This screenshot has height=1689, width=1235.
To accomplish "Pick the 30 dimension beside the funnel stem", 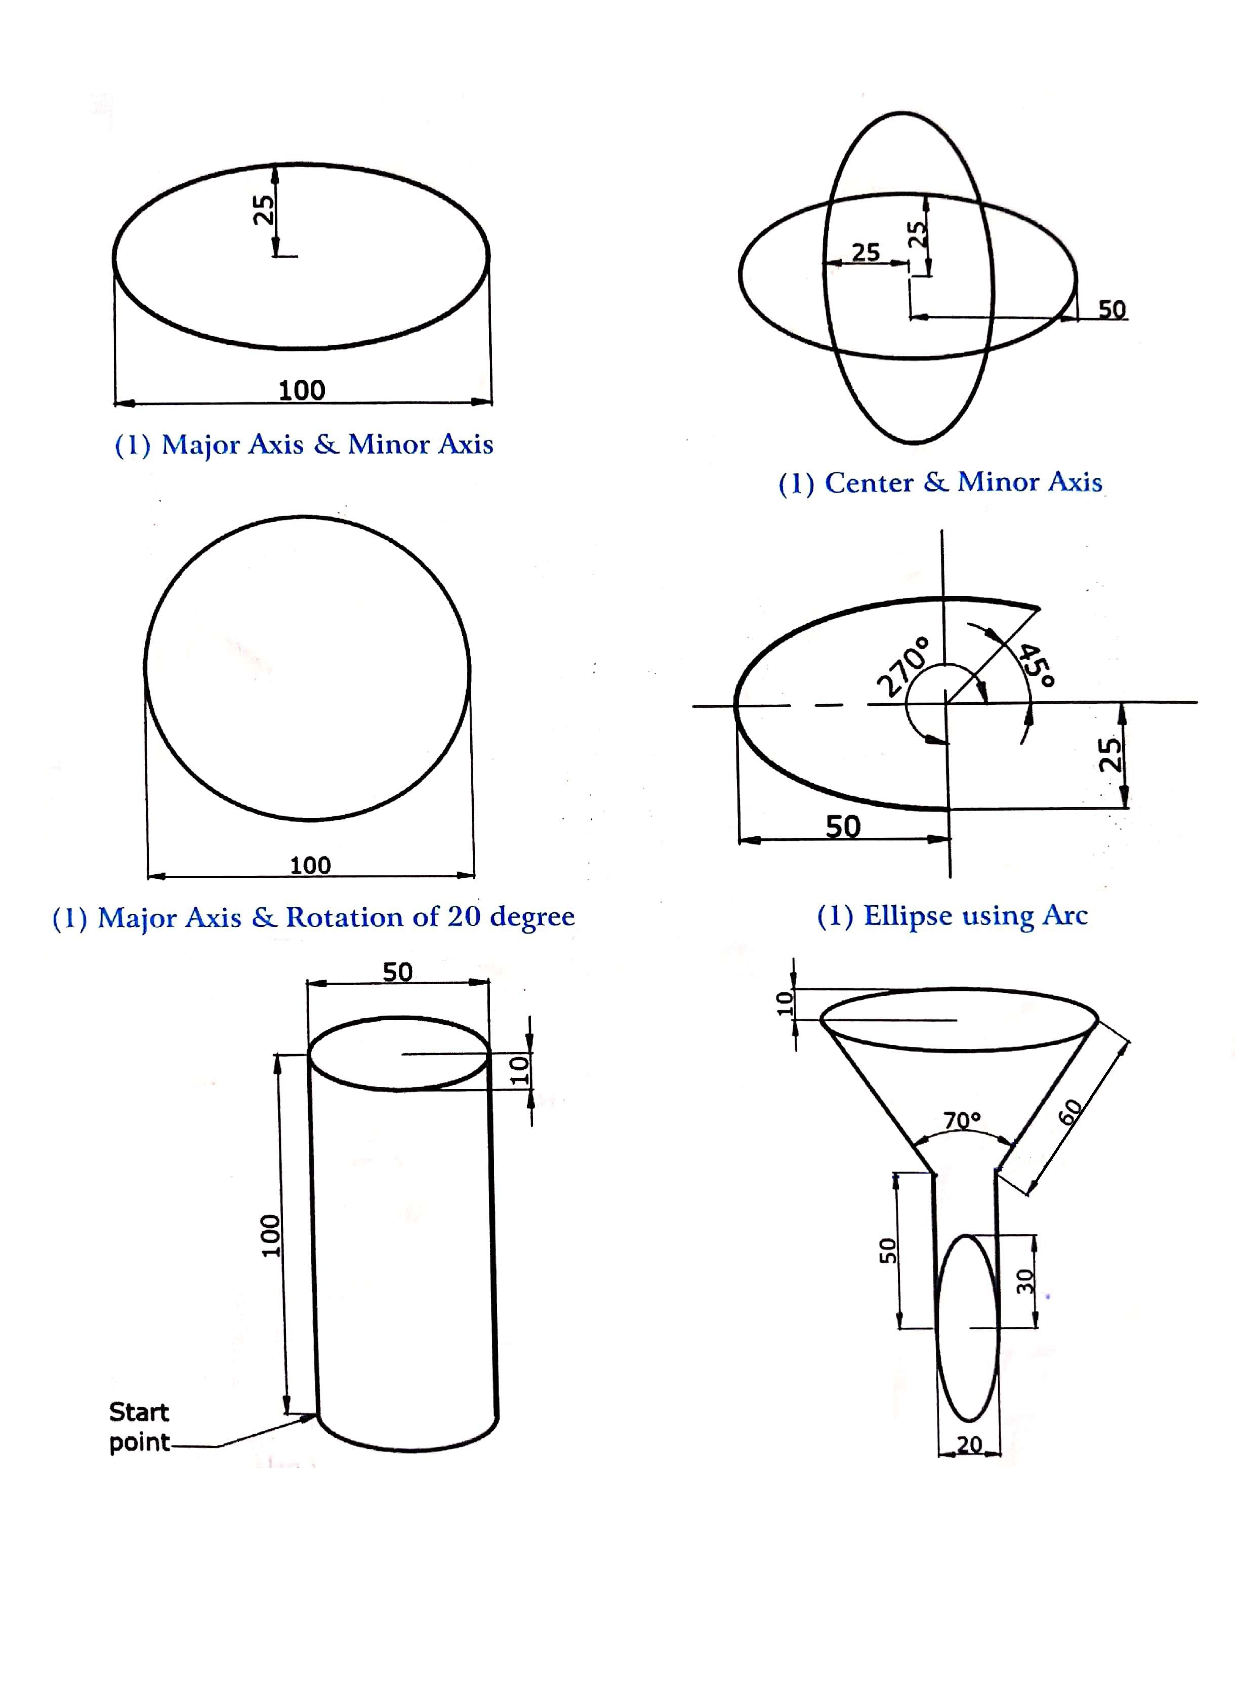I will pos(1025,1281).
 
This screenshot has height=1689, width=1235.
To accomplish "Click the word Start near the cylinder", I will pos(139,1412).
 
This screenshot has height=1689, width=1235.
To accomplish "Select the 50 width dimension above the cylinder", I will pos(398,972).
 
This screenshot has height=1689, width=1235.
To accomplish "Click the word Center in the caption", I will pos(869,482).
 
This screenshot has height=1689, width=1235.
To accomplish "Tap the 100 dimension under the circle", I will pos(310,865).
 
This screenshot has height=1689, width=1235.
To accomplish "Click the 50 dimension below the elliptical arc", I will pos(843,826).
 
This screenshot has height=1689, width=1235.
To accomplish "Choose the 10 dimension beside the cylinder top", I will pos(519,1070).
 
